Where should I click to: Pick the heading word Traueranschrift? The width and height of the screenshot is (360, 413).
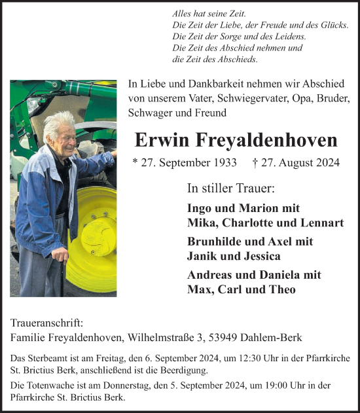48,323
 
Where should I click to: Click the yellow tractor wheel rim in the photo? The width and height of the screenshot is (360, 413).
94,226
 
